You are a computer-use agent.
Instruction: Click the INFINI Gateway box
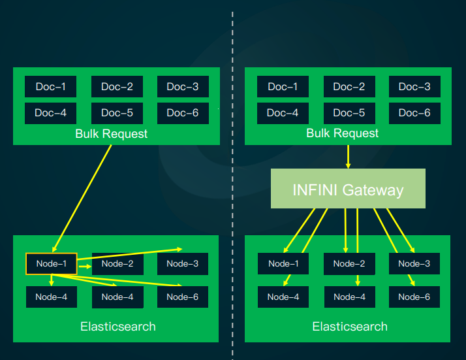[348, 189]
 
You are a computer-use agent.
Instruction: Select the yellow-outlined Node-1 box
[52, 264]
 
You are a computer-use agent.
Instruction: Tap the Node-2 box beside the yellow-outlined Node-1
[117, 264]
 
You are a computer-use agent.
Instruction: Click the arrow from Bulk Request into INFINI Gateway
[348, 156]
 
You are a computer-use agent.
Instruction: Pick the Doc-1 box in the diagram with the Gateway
[283, 87]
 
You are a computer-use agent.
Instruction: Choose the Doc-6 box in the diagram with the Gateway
[414, 112]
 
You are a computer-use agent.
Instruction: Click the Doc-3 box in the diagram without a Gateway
[183, 87]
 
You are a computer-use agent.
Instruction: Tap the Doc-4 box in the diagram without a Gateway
[50, 112]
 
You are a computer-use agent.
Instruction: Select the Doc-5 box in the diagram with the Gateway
[349, 112]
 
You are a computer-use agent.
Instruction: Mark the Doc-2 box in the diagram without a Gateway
[117, 87]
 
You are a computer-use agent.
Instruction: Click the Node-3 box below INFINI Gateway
[414, 264]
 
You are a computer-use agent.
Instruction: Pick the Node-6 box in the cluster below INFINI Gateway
[414, 297]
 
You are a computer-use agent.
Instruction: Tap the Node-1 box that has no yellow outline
[283, 264]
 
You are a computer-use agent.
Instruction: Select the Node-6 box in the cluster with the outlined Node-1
[183, 297]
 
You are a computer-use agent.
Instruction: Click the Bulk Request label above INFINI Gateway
[343, 133]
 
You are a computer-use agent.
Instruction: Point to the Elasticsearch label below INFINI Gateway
[350, 326]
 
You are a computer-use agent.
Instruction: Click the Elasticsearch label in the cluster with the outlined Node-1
[118, 326]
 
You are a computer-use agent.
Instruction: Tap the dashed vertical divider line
[232, 196]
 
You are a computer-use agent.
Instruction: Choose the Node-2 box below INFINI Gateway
[349, 264]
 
